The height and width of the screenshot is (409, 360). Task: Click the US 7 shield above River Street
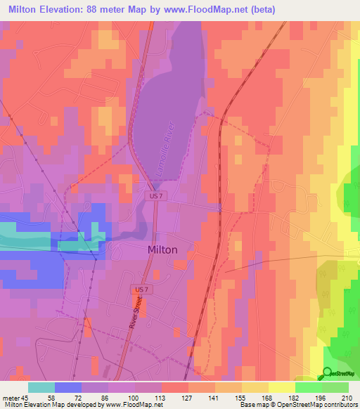(x=140, y=289)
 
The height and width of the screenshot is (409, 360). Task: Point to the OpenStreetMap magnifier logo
(x=328, y=374)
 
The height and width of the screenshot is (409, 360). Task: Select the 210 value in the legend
(x=347, y=398)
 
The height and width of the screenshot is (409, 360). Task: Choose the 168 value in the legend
(x=268, y=398)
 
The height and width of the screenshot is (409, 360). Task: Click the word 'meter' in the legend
(x=11, y=398)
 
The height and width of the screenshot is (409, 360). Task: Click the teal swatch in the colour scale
(x=41, y=387)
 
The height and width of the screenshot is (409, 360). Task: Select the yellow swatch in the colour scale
(x=281, y=387)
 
